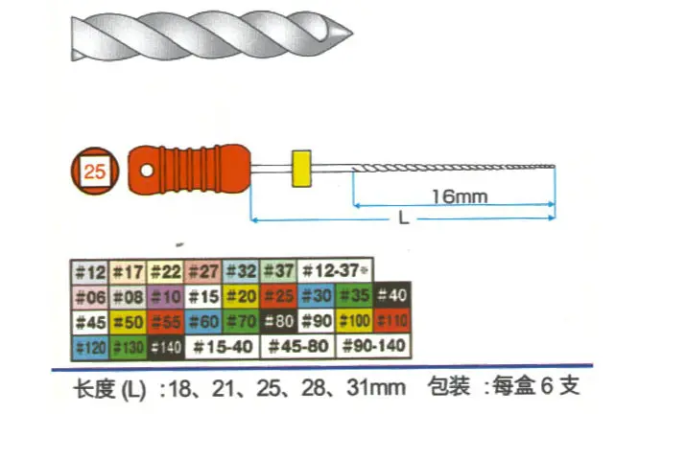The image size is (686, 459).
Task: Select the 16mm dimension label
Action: pos(459,196)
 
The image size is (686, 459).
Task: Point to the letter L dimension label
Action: pos(404,218)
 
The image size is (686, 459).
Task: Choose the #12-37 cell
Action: pos(335,272)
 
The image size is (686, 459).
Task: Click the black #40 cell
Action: pos(392,296)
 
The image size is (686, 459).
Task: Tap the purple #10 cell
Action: pos(165,296)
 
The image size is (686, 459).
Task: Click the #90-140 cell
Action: pos(373,345)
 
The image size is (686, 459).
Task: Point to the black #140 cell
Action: pos(165,345)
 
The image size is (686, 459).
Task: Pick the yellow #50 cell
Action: pos(127,321)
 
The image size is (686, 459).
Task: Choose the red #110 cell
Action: pos(392,321)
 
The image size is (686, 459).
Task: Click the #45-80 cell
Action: pos(297,345)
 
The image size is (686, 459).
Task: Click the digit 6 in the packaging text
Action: pos(546,388)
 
